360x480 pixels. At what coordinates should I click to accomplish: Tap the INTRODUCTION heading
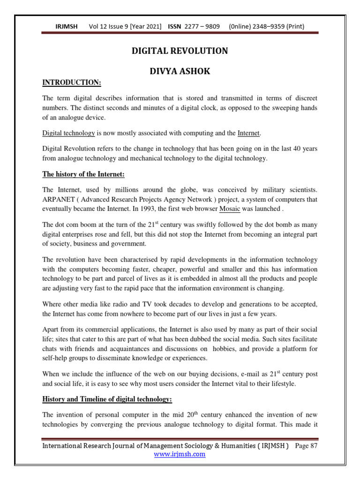[71, 83]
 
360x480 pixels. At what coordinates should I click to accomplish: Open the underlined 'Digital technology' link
[68, 134]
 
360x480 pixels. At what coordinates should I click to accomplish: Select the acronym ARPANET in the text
[58, 199]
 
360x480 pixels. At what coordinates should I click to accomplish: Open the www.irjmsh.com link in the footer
[180, 454]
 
